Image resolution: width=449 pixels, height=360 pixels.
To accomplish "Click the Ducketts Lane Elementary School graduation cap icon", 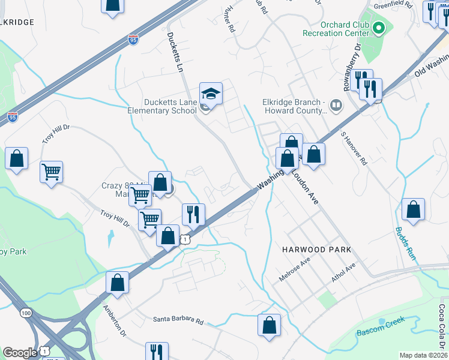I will tap(211, 94).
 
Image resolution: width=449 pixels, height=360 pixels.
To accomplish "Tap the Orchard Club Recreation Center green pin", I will tap(379, 28).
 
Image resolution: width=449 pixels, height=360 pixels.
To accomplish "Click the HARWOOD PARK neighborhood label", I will tap(316, 249).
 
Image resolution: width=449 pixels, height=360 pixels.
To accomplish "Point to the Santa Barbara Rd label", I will tap(178, 319).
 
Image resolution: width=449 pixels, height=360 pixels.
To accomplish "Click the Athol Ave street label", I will tap(344, 272).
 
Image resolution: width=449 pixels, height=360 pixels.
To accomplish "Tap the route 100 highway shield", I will tap(26, 313).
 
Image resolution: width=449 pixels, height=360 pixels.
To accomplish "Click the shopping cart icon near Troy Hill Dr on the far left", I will tap(52, 173).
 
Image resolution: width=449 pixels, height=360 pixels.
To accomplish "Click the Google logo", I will tap(20, 353).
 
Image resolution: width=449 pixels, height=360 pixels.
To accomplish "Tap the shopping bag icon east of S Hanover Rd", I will tap(413, 210).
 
